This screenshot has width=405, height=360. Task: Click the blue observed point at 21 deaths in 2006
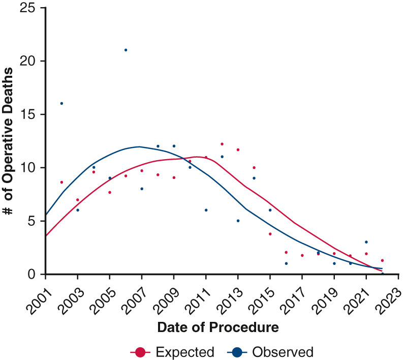(x=126, y=50)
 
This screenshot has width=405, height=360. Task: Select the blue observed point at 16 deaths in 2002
(x=61, y=103)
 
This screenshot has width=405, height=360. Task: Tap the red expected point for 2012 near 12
(x=222, y=144)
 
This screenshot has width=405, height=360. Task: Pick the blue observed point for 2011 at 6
(x=206, y=210)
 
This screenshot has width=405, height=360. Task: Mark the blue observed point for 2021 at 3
(x=366, y=242)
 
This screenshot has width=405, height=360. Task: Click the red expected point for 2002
(x=61, y=182)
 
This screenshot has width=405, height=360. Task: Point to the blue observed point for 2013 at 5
(x=238, y=221)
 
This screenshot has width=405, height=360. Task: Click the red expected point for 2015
(x=270, y=234)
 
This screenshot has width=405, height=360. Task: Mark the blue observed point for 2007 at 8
(x=142, y=189)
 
